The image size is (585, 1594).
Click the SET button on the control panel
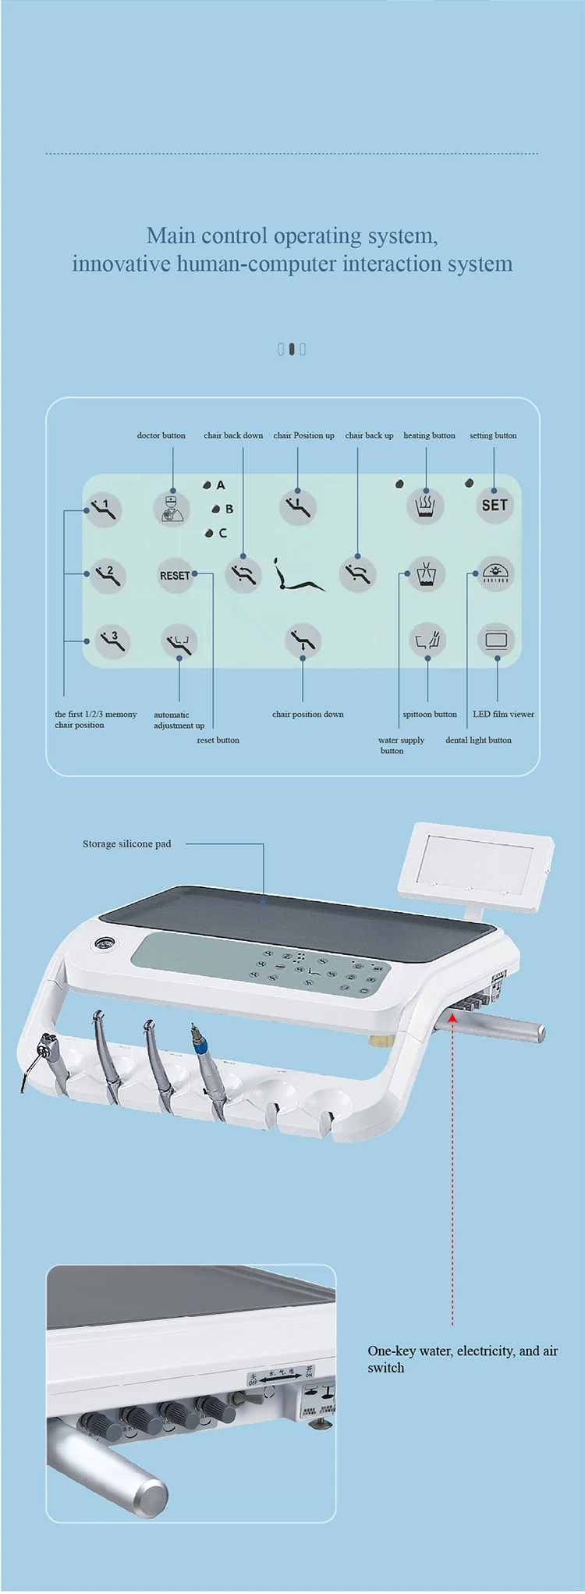click(x=495, y=506)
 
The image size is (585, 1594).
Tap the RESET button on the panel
click(x=175, y=576)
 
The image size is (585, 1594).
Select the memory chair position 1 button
click(x=104, y=509)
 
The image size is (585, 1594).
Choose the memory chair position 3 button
click(x=112, y=641)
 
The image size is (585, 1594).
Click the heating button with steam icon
click(x=426, y=506)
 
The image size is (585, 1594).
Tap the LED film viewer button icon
click(x=496, y=641)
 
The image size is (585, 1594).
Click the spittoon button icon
click(x=427, y=641)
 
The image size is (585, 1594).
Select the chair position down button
click(x=303, y=641)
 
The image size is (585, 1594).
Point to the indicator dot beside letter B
click(x=216, y=509)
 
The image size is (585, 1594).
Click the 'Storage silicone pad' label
click(x=126, y=843)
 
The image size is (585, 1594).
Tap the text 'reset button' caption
click(x=218, y=740)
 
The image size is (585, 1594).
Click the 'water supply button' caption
click(x=401, y=745)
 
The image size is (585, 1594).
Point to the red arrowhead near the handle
click(x=452, y=1017)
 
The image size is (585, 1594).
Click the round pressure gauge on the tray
click(x=102, y=943)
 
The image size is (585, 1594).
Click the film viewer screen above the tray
click(x=475, y=866)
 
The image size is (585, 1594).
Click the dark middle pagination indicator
click(x=292, y=349)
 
